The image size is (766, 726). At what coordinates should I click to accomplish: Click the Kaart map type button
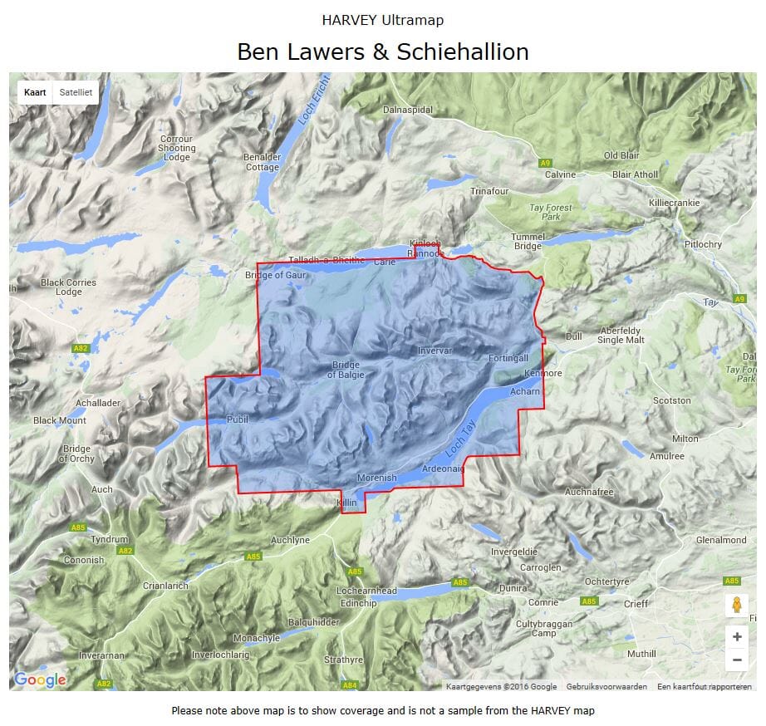[35, 93]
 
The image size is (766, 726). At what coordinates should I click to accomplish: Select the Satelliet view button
[76, 93]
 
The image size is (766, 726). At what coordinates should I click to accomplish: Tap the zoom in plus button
[736, 637]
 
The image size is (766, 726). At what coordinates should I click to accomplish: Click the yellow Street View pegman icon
[736, 606]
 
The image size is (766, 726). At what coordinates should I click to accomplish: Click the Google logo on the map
[39, 680]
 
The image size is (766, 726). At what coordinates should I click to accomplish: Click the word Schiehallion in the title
[463, 52]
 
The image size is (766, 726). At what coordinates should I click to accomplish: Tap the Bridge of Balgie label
[346, 370]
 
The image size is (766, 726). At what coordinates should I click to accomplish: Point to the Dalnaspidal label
[408, 110]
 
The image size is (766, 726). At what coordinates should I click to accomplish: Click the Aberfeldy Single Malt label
[621, 336]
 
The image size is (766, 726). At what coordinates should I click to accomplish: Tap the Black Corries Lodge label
[68, 287]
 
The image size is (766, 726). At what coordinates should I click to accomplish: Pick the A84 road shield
[350, 684]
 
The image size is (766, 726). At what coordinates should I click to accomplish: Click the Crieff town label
[636, 604]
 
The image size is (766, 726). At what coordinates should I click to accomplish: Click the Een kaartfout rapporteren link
[704, 687]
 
